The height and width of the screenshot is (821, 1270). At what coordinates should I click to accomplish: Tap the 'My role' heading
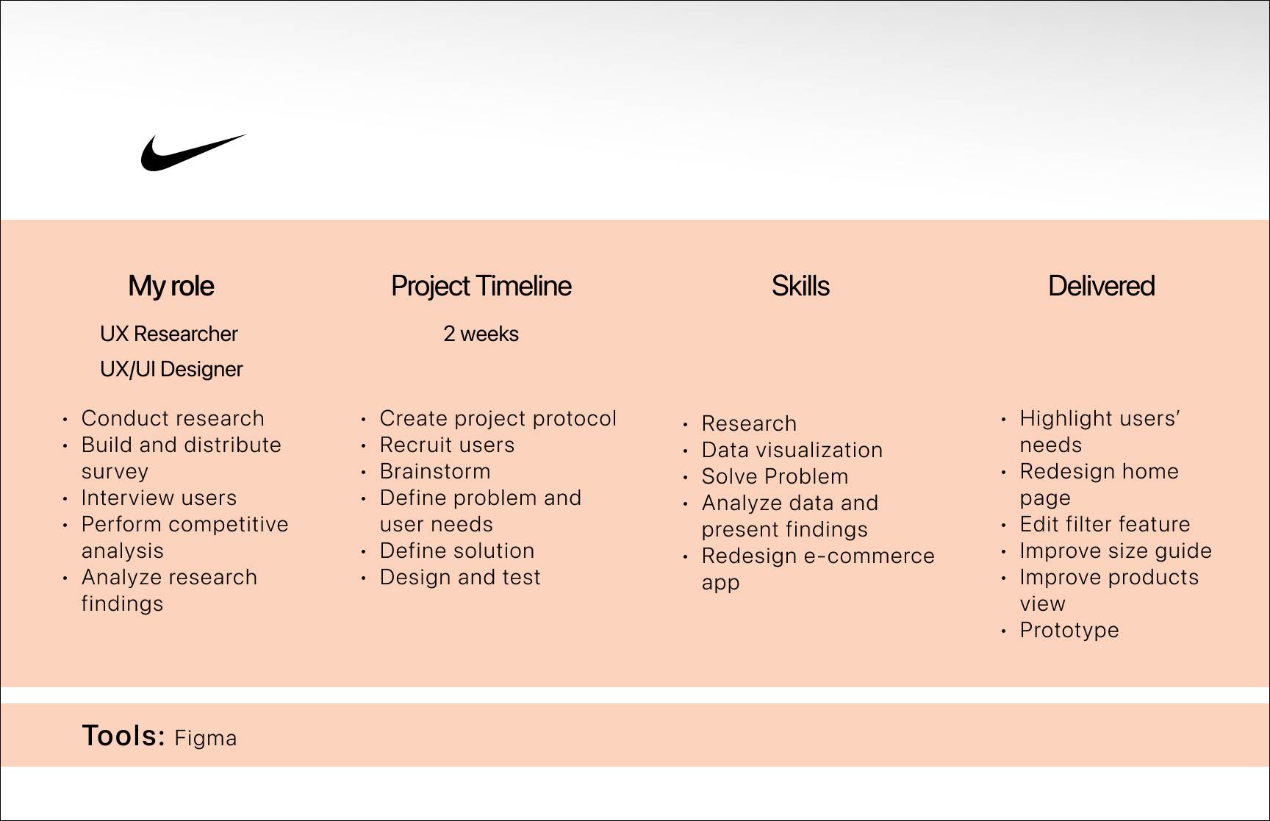pos(171,286)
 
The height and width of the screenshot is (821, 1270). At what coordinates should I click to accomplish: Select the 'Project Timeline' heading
pos(481,286)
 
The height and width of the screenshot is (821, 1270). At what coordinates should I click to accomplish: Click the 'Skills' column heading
pos(800,286)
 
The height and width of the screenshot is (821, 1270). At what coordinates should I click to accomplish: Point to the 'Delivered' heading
pos(1101,286)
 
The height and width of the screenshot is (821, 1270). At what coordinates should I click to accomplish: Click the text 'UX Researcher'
pos(169,334)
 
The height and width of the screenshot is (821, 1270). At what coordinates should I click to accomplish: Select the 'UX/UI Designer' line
pos(171,369)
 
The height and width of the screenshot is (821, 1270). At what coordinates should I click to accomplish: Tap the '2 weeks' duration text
pos(481,334)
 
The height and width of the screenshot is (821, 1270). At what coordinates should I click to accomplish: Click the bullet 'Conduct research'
pos(173,418)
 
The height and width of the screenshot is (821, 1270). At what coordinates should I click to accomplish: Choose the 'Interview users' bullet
pos(159,498)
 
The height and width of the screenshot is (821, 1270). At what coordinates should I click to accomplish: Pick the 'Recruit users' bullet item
pos(447,445)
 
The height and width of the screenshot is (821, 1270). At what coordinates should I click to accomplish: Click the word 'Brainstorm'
pos(435,471)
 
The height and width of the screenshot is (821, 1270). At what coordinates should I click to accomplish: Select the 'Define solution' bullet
pos(457,551)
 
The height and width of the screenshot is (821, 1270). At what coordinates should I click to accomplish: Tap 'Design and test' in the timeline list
pos(460,577)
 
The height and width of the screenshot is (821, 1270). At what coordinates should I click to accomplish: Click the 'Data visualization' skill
pos(792,450)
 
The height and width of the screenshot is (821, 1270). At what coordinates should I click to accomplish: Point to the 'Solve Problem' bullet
pos(775,476)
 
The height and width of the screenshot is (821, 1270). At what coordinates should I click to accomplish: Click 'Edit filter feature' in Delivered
pos(1105,524)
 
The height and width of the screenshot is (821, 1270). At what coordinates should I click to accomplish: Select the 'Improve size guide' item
pos(1116,551)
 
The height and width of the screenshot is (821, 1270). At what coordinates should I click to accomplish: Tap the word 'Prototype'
pos(1069,630)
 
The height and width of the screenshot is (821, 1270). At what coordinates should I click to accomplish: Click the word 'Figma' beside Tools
pos(206,738)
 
